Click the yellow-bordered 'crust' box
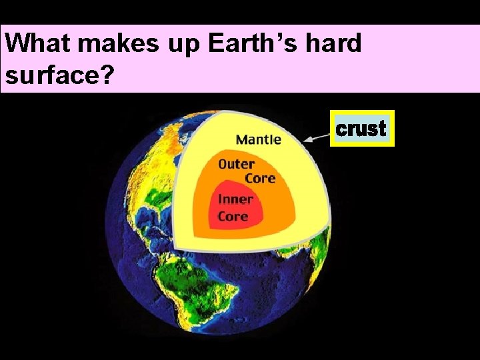pos(362,128)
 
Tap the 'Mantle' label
pos(259,139)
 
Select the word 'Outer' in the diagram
pos(236,164)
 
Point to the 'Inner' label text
pos(235,199)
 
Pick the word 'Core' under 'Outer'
pos(259,178)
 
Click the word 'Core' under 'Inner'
pos(233,216)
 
